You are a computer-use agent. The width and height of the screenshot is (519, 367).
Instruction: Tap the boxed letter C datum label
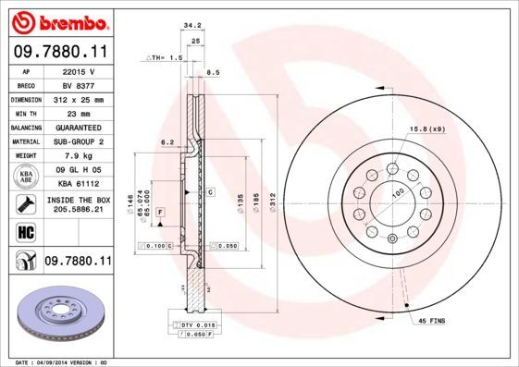tap(211, 191)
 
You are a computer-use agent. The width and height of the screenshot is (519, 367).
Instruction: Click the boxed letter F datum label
tap(160, 213)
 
